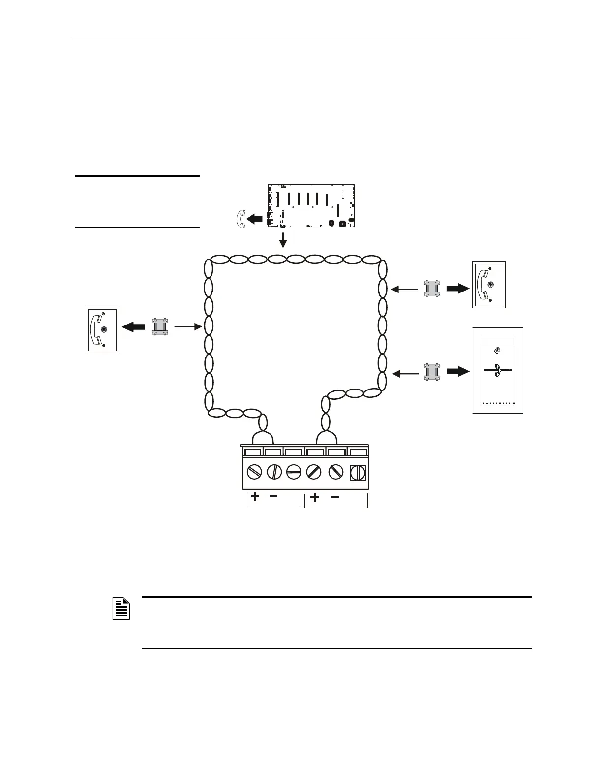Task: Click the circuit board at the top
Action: (311, 205)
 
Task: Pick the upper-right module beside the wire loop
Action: (432, 289)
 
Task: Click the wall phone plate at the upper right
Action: (489, 285)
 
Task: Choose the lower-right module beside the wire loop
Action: (432, 373)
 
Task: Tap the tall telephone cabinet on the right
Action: (498, 370)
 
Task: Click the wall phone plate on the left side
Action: (102, 330)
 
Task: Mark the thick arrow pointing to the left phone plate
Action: (134, 326)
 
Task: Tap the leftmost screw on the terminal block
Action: (254, 472)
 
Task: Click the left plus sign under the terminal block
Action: (255, 497)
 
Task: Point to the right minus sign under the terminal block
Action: (334, 497)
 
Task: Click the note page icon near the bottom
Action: (121, 609)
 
